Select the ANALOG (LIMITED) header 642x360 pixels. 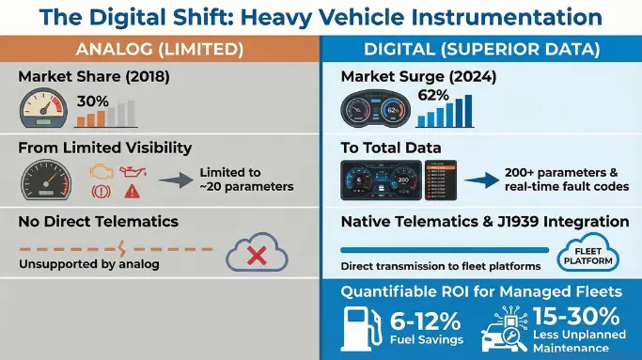pyautogui.click(x=160, y=49)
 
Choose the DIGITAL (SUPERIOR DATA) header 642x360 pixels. pyautogui.click(x=480, y=49)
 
